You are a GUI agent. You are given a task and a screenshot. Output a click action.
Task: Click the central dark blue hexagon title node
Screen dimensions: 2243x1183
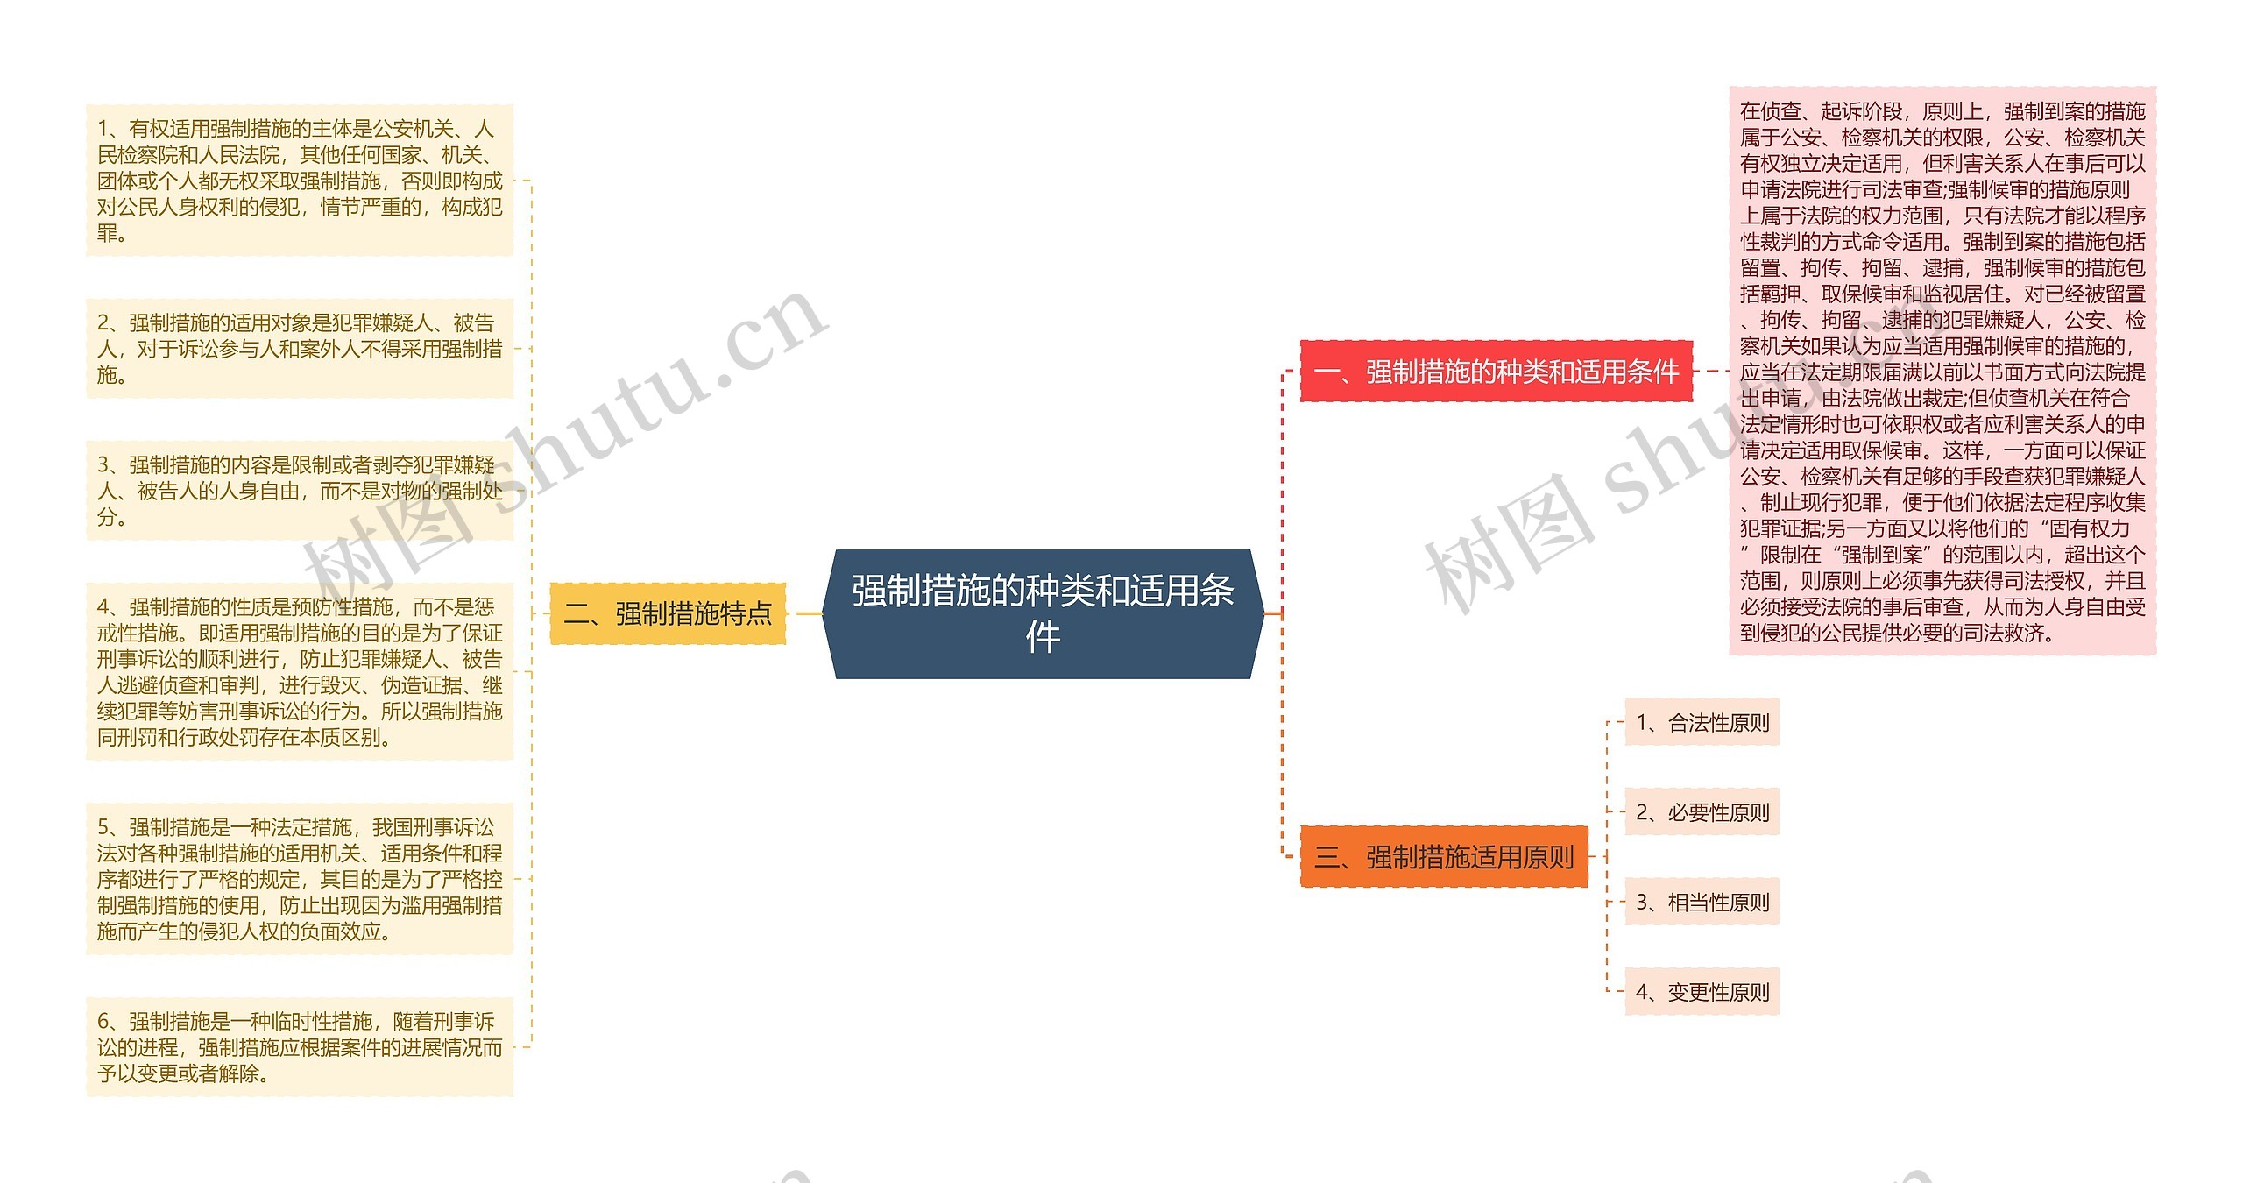pos(1043,613)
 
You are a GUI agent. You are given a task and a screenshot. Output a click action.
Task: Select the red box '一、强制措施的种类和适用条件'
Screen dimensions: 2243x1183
pos(1496,372)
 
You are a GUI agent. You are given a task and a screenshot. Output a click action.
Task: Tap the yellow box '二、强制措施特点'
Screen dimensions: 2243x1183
pos(668,613)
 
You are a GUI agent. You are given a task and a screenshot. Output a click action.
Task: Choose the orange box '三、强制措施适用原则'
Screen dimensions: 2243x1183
pos(1444,856)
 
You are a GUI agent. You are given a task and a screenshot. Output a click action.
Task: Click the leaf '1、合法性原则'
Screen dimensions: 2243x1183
pos(1702,723)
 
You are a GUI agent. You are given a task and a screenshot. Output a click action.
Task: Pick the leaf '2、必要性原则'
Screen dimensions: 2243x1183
pos(1702,812)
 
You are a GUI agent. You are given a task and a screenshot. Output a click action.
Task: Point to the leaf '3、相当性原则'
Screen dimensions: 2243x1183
pos(1702,903)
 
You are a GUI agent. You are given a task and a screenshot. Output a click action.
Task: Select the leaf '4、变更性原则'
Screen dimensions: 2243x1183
pos(1702,992)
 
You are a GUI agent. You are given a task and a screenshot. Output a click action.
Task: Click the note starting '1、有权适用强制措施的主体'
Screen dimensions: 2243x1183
pos(300,181)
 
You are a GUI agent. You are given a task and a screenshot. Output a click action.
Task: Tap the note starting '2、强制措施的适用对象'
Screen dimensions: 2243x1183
pos(300,349)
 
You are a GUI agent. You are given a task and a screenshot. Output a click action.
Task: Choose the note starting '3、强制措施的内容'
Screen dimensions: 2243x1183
pos(300,491)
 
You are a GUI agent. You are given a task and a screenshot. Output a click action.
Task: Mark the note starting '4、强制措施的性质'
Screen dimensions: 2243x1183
pos(300,672)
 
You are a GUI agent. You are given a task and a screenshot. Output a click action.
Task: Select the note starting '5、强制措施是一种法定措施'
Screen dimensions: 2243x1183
pos(300,879)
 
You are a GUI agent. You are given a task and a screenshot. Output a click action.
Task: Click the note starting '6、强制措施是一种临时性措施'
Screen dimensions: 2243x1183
pos(300,1047)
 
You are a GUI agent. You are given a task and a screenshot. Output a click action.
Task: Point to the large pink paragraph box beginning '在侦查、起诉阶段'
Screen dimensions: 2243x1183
pos(1942,372)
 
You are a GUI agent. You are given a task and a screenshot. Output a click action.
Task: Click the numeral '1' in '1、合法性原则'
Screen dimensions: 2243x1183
pos(1643,723)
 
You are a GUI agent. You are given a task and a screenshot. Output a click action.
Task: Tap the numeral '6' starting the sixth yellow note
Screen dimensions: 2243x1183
pos(103,1022)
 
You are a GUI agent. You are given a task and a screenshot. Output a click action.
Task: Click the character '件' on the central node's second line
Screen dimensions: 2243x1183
pos(1043,637)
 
